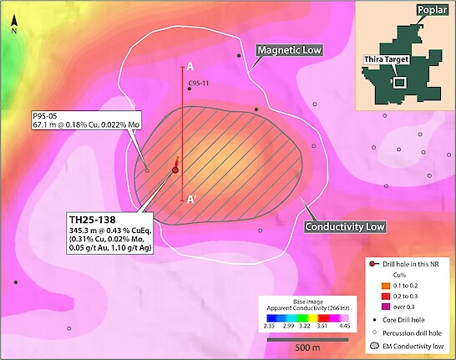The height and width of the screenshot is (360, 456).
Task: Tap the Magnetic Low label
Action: click(289, 51)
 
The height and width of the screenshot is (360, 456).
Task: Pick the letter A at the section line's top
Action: click(190, 65)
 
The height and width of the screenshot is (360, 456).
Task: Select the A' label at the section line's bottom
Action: click(192, 200)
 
